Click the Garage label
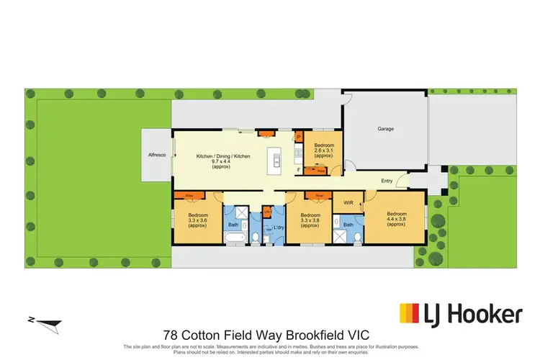click(386, 130)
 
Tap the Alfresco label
click(157, 155)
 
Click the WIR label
click(347, 203)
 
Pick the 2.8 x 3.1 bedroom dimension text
click(324, 151)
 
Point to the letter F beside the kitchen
click(299, 171)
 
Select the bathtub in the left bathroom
click(236, 238)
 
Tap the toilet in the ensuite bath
click(356, 238)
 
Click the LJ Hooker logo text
click(486, 315)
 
